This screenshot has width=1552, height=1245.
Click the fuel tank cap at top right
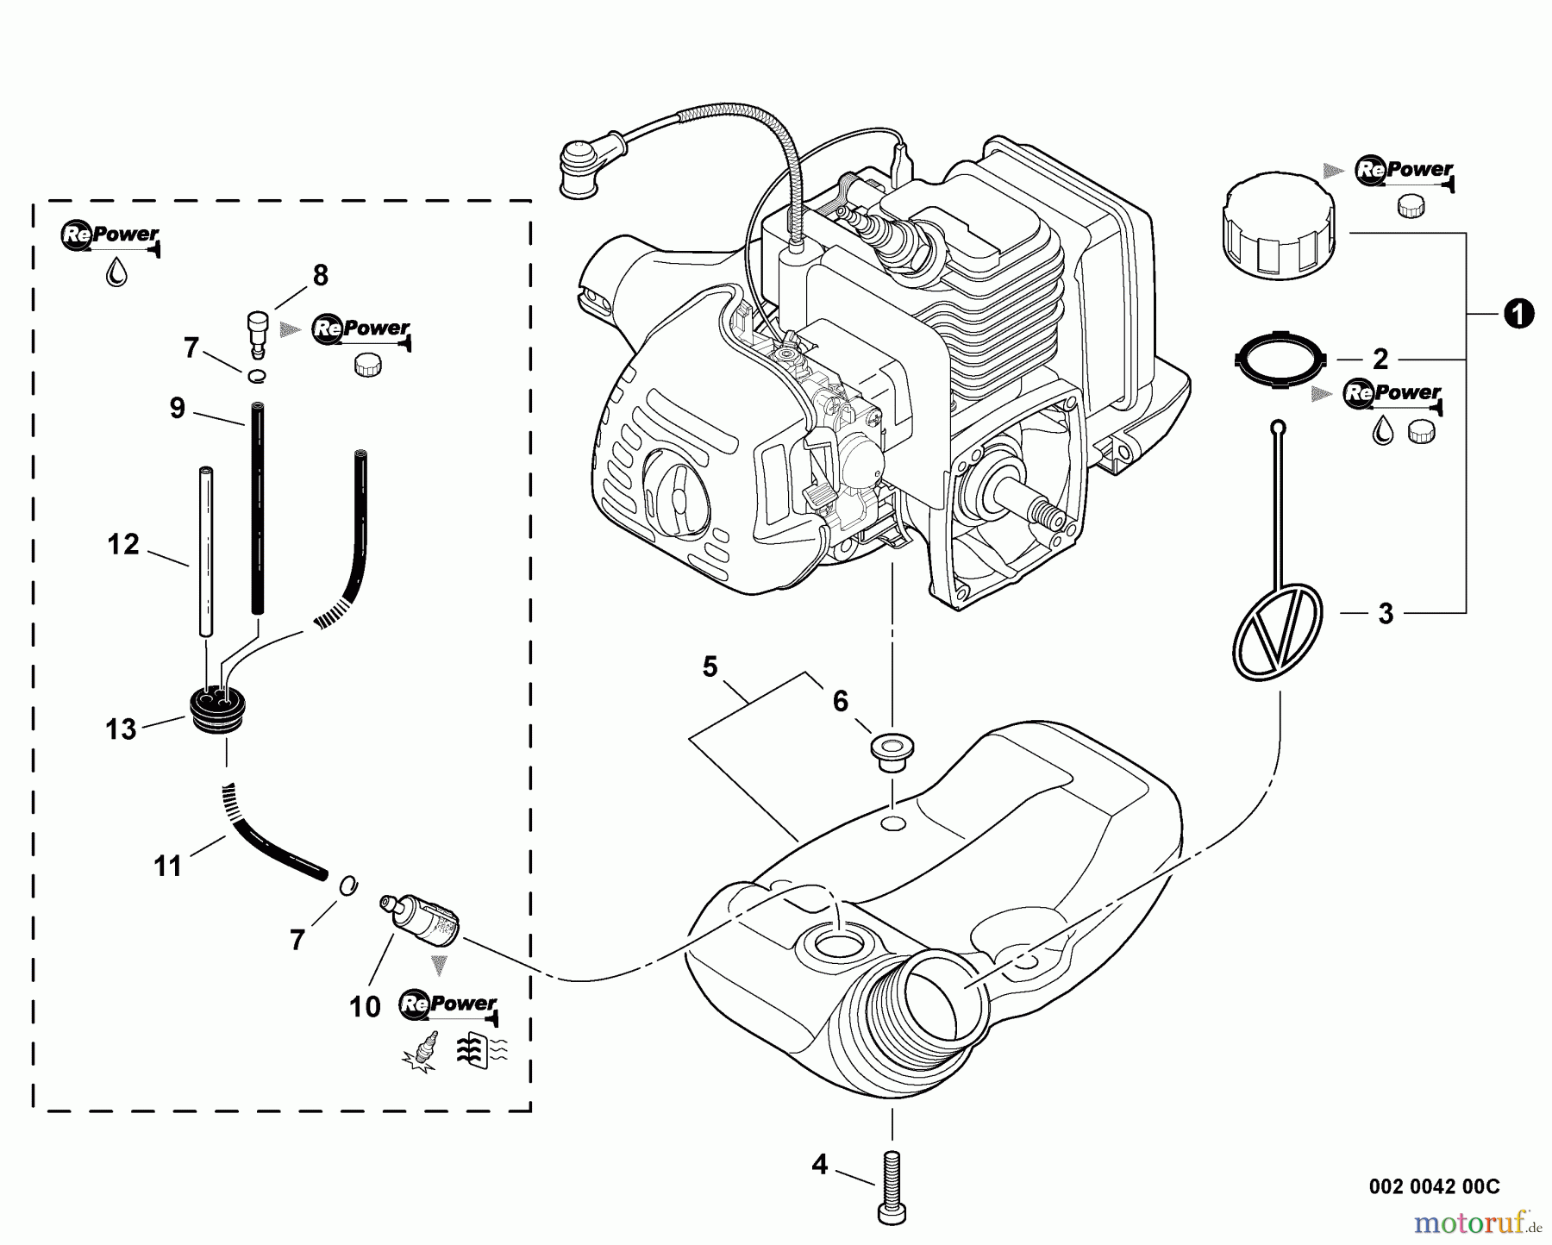(x=1277, y=233)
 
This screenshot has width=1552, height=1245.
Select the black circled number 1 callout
(x=1518, y=315)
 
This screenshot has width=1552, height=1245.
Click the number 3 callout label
(x=1386, y=614)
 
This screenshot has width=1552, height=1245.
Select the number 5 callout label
(x=710, y=666)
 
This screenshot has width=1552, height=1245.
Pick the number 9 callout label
(x=177, y=408)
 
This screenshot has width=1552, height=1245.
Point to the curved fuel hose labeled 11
(x=276, y=841)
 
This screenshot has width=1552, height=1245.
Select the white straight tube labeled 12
(x=206, y=552)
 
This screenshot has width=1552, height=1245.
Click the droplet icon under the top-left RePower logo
(x=116, y=272)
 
